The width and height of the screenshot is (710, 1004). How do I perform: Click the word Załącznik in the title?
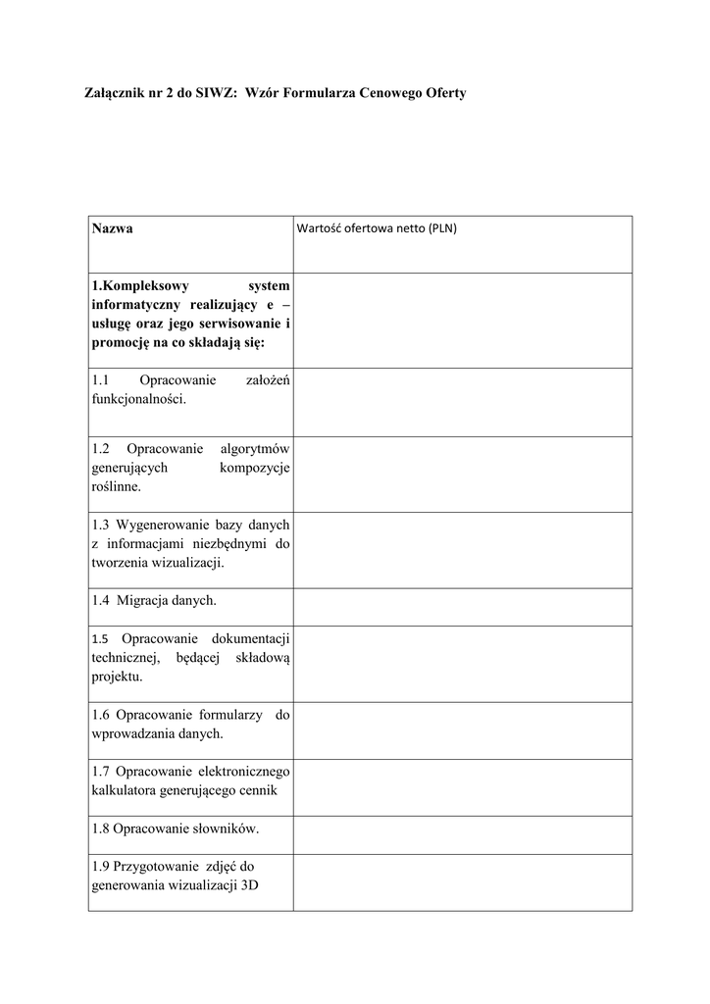tap(112, 93)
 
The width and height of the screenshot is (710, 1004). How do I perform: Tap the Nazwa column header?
tap(113, 228)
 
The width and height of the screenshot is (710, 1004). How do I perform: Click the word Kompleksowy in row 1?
tap(146, 285)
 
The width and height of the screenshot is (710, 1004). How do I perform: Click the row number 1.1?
tap(101, 380)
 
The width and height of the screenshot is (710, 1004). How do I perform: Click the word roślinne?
tap(117, 485)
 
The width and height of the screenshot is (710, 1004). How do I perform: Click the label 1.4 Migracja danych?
tap(154, 600)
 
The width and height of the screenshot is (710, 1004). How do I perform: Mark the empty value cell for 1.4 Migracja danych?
tap(462, 607)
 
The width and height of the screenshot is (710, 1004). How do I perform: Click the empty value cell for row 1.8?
tap(462, 835)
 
